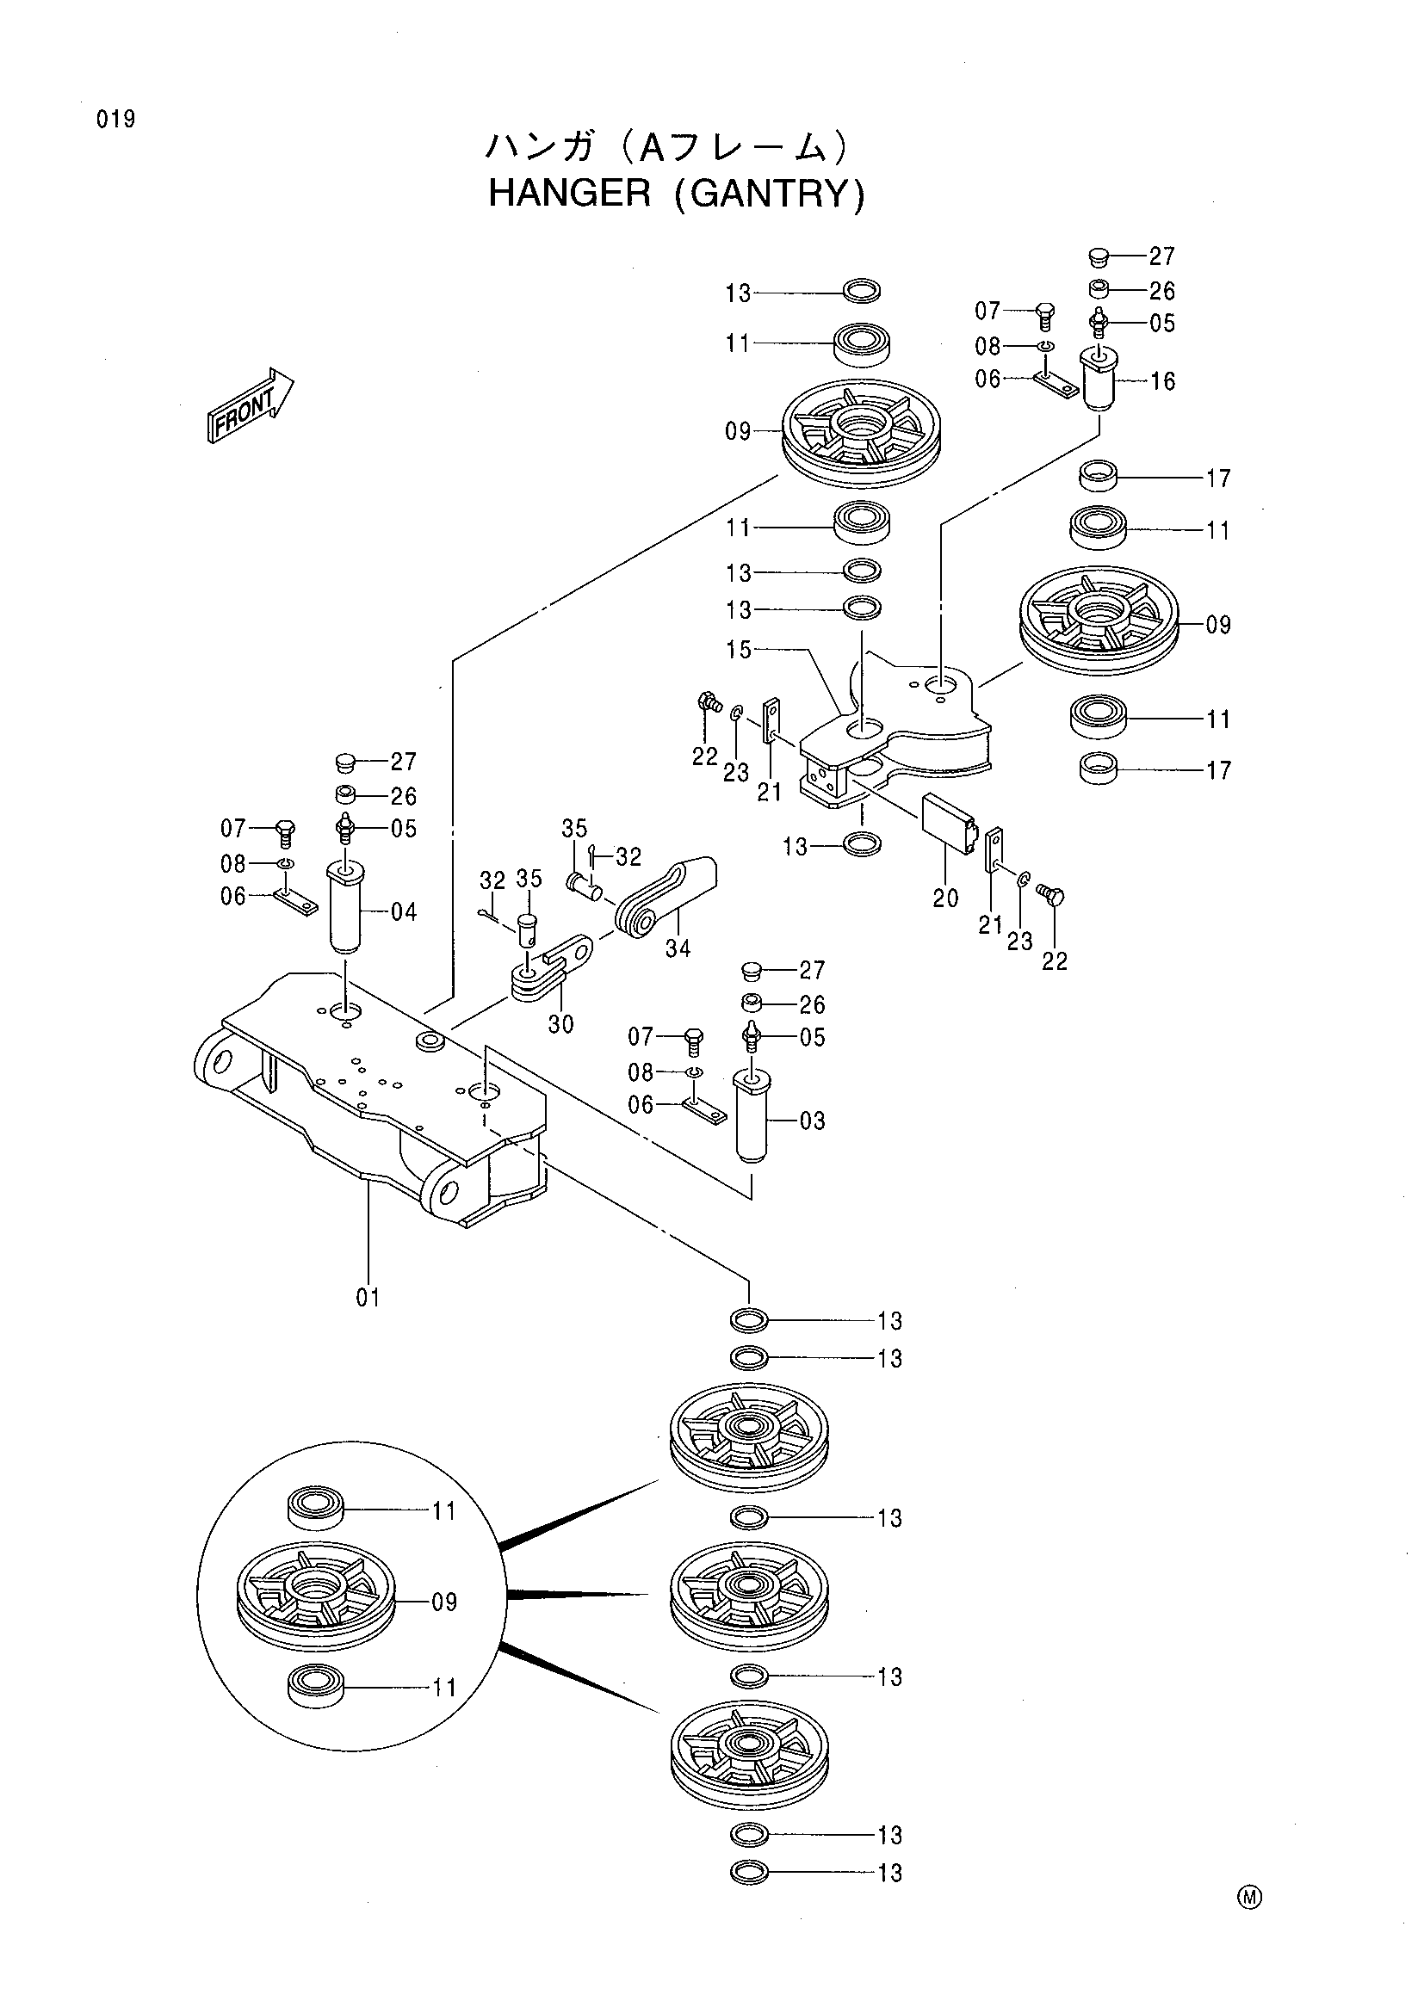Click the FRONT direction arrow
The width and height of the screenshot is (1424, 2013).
(250, 405)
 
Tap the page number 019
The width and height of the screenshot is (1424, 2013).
(115, 120)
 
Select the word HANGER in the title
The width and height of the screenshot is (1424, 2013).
(569, 193)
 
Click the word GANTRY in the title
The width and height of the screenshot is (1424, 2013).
(769, 194)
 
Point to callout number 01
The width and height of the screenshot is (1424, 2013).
(368, 1297)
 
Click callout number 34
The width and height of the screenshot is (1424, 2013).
(678, 948)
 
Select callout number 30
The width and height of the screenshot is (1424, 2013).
(560, 1024)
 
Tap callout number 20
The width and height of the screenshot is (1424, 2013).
(945, 898)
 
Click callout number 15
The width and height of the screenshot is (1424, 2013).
(739, 650)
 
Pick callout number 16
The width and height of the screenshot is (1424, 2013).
(1162, 381)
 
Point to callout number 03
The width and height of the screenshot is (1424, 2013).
(812, 1121)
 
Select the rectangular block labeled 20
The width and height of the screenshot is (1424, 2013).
(949, 823)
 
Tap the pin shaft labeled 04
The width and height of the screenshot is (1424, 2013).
(345, 907)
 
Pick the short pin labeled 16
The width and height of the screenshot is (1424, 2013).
(1099, 378)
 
